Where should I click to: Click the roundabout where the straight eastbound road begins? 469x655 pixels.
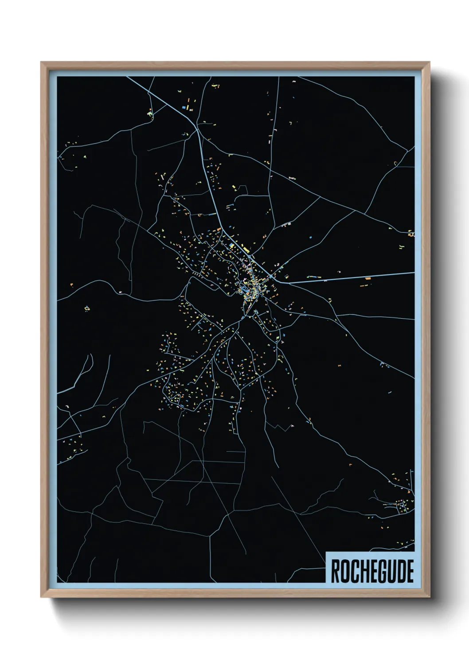[x=271, y=277]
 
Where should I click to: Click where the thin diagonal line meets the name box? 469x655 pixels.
[x=326, y=559]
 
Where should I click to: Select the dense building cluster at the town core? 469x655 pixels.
[x=246, y=290]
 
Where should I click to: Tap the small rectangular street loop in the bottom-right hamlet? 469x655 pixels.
[x=402, y=505]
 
